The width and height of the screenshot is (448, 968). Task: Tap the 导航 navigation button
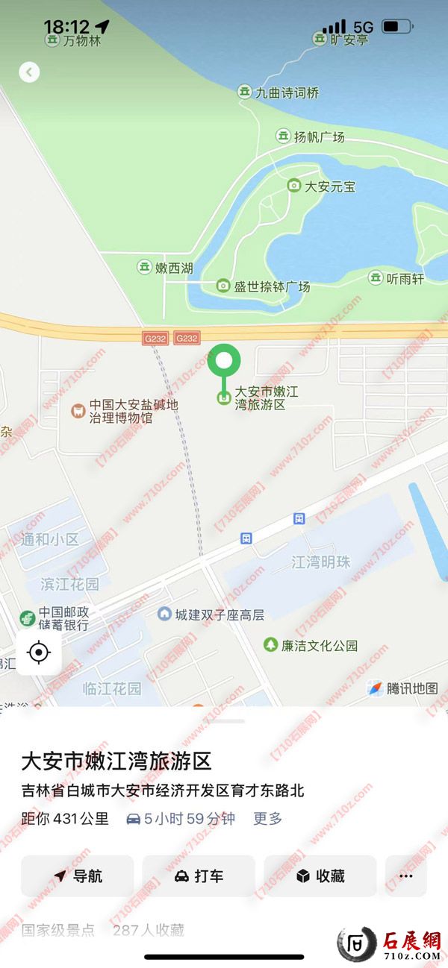click(78, 876)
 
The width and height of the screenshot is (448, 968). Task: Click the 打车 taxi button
click(199, 876)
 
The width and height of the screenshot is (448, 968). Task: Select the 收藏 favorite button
click(320, 876)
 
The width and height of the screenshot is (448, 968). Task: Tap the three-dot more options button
click(406, 876)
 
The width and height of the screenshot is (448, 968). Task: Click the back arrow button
click(29, 72)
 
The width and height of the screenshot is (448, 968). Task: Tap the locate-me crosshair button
click(39, 653)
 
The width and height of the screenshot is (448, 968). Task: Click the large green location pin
click(224, 362)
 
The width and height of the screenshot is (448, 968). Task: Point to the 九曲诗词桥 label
click(287, 92)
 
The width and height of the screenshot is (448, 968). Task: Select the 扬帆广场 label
click(319, 136)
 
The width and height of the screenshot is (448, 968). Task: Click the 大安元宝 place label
click(329, 186)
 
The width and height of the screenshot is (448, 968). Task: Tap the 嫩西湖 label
click(173, 267)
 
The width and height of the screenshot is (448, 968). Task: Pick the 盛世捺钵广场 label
click(271, 286)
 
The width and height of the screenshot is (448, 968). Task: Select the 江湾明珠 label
click(320, 562)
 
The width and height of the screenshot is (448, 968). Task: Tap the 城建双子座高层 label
click(219, 615)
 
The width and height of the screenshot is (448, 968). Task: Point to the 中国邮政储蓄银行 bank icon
click(28, 618)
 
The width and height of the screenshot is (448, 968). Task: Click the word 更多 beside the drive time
click(267, 818)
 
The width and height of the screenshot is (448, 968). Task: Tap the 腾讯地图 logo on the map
click(402, 688)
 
